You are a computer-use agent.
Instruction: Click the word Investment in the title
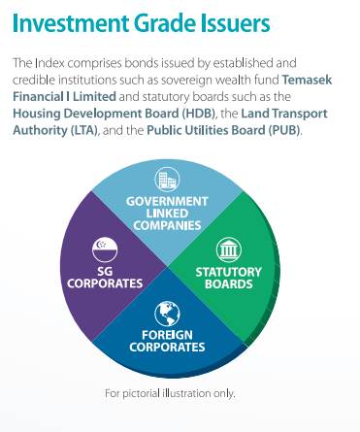(x=71, y=23)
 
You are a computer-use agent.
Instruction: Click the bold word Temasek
(x=307, y=80)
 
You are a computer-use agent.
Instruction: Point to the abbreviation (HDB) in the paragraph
(x=199, y=114)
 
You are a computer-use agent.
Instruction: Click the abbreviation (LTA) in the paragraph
(x=83, y=130)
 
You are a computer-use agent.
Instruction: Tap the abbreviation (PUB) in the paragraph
(x=284, y=130)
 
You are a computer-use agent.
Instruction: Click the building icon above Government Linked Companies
(x=167, y=179)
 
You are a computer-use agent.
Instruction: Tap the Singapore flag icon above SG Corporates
(x=105, y=249)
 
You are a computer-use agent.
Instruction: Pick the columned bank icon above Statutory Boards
(x=229, y=249)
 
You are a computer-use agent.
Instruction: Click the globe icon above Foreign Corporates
(x=167, y=314)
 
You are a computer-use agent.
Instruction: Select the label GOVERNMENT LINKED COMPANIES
(x=167, y=214)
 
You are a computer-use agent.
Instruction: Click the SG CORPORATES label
(x=105, y=278)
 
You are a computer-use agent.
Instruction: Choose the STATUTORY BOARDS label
(x=229, y=278)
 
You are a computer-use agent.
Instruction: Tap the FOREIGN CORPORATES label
(x=167, y=341)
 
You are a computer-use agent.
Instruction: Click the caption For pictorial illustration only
(x=170, y=393)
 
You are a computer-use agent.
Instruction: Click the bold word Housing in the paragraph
(x=36, y=115)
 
